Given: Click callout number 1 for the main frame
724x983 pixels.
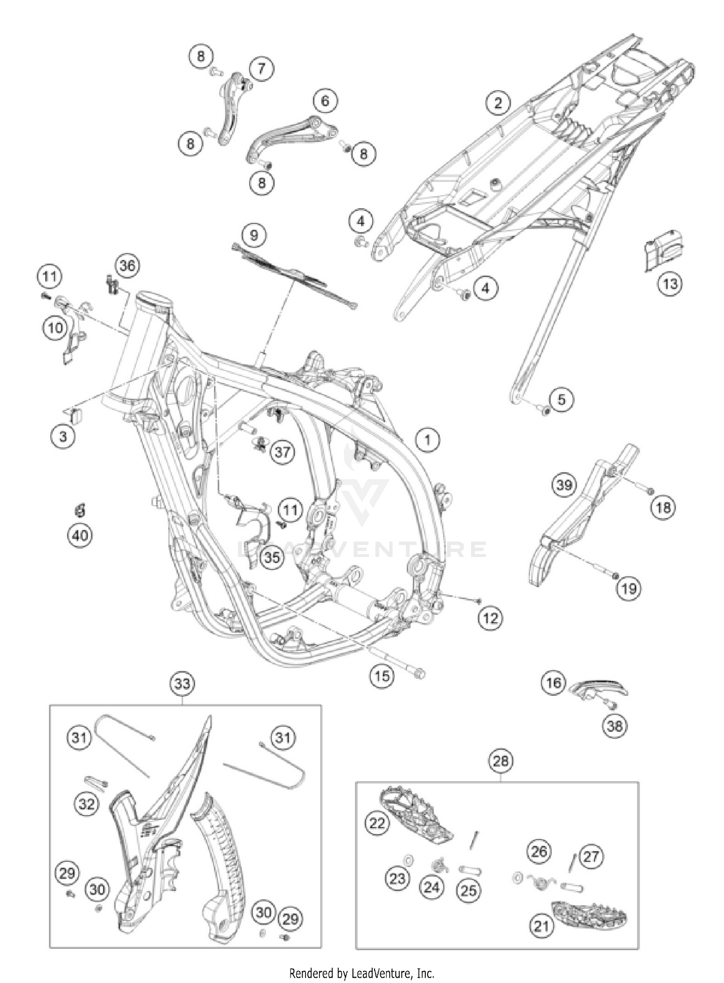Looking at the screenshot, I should pos(428,440).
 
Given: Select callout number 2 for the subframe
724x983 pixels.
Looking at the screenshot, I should pos(498,102).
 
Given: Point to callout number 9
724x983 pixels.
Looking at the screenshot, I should pos(254,235).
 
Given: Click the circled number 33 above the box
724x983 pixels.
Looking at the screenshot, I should pos(182,684).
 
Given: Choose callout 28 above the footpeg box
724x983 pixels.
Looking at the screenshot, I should pos(501,761).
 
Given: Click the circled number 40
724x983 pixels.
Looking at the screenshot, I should pos(81,535).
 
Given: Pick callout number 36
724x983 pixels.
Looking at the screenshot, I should pos(127,266).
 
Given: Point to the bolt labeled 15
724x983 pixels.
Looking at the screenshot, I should pos(405,666).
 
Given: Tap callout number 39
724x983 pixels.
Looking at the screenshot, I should pos(564,484).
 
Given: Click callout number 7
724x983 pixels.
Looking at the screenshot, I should pos(261,68).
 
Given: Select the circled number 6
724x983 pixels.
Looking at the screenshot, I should pos(325,101).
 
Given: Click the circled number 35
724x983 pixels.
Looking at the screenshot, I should pos(272,557).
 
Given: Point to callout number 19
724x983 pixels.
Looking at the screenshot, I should pos(628,588).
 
